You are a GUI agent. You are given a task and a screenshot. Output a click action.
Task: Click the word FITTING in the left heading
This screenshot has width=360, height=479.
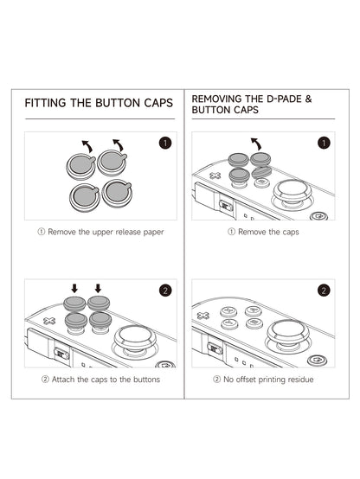(x=45, y=103)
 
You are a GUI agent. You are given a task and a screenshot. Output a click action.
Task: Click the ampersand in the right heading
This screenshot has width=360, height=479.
(x=308, y=99)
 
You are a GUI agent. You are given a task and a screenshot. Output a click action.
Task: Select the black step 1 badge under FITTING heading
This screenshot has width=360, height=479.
(x=165, y=143)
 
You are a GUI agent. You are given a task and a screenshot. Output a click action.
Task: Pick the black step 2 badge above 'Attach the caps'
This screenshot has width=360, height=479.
(x=165, y=291)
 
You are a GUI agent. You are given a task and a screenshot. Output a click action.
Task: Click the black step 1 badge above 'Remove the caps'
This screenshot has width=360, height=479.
(x=324, y=143)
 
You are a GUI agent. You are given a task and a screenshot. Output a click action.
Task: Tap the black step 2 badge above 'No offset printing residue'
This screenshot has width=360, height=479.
(x=324, y=291)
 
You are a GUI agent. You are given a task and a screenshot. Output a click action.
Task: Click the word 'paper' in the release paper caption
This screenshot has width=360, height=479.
(x=154, y=233)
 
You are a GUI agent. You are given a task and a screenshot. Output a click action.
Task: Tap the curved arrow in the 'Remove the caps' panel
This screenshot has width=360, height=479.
(x=256, y=144)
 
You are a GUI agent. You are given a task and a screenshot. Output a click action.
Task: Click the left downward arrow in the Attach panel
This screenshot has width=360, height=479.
(x=74, y=288)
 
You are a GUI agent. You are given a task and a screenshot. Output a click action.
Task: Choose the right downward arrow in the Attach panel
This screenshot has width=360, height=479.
(x=98, y=288)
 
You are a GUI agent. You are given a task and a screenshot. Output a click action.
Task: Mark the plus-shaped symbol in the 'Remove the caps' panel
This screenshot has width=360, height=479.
(x=215, y=176)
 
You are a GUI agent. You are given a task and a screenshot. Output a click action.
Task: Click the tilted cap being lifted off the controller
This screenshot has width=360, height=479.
(x=261, y=172)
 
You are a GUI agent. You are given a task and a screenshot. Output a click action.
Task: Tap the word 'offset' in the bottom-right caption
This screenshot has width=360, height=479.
(x=246, y=380)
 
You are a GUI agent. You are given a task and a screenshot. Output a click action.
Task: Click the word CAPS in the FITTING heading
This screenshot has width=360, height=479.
(x=158, y=103)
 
